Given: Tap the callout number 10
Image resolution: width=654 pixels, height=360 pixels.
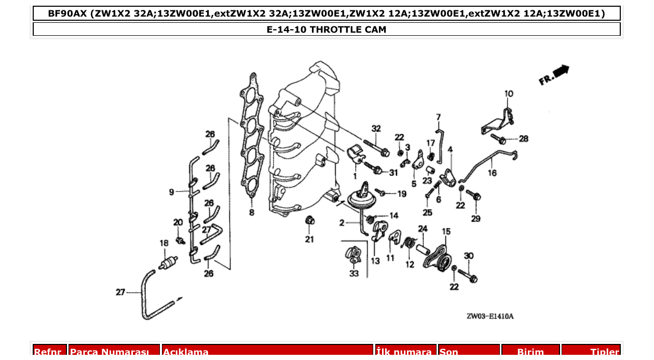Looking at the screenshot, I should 509,94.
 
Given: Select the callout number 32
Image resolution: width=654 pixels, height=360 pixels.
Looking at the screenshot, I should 376,129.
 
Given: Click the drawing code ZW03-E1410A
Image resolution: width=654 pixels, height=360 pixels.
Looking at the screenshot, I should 489,316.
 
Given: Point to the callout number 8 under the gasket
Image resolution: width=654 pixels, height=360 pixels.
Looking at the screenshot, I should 252,212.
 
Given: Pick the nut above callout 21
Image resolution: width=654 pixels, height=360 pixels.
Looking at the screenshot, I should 309,220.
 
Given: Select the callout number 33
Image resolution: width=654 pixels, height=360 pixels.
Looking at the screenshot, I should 353,273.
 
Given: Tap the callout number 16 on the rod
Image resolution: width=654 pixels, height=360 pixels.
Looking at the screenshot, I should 492,173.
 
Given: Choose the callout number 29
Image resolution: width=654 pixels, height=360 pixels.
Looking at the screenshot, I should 475,218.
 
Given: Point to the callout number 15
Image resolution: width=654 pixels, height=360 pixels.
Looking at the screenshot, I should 446,231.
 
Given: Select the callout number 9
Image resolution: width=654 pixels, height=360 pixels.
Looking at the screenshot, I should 171,192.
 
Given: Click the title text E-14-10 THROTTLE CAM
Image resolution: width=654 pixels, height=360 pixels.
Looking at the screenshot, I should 326,30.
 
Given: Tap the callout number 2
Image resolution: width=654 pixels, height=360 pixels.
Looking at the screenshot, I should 342,223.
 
